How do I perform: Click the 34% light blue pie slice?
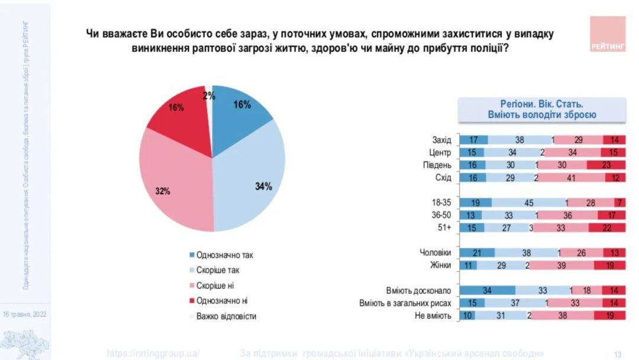pyautogui.click(x=254, y=178)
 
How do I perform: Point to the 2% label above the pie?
pyautogui.click(x=209, y=95)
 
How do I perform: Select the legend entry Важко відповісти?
pyautogui.click(x=225, y=316)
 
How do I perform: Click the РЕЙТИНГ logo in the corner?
pyautogui.click(x=608, y=34)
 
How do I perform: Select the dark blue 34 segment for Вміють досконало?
pyautogui.click(x=487, y=291)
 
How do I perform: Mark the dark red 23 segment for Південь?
pyautogui.click(x=606, y=165)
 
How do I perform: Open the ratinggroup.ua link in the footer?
pyautogui.click(x=153, y=353)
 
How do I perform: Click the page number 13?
pyautogui.click(x=618, y=354)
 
